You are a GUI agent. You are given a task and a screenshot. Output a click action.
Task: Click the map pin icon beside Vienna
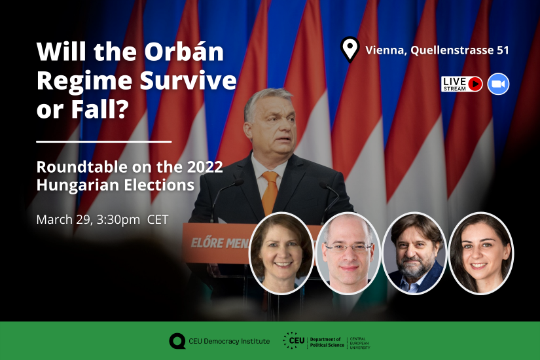[x=350, y=48]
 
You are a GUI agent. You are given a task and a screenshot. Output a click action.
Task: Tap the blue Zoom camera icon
[x=498, y=84]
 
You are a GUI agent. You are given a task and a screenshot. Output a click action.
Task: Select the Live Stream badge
[x=461, y=84]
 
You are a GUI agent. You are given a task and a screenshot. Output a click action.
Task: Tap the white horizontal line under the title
[x=103, y=141]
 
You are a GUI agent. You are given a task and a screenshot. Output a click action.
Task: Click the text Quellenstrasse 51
[x=459, y=50]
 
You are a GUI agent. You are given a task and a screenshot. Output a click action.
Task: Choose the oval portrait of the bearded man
[x=414, y=253]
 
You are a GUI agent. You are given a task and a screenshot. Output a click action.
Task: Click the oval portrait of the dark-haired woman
[x=481, y=253]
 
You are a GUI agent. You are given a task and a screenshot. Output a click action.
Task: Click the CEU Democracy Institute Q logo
[x=177, y=341]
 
